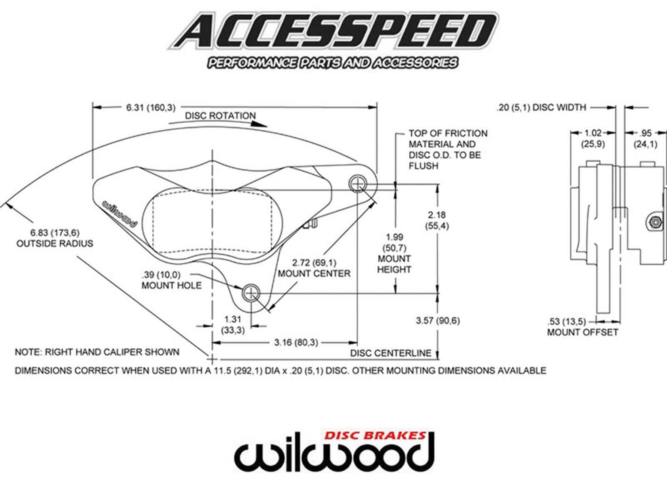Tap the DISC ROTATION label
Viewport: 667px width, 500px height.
pos(221,116)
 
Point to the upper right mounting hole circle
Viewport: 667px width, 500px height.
pos(357,182)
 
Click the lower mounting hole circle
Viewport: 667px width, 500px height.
pos(251,293)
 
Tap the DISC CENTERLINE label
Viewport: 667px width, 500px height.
pos(391,353)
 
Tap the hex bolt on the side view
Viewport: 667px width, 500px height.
pos(654,221)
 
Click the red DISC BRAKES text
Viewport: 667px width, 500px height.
pos(375,436)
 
